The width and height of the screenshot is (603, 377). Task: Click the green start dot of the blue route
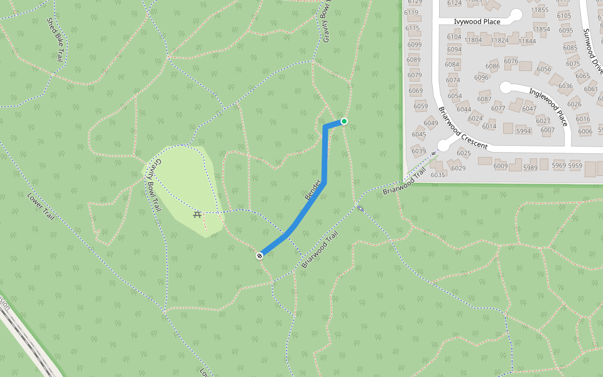(x=344, y=121)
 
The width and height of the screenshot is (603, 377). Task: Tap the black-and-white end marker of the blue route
(x=259, y=256)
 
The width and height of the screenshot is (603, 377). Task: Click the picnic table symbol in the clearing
(x=197, y=215)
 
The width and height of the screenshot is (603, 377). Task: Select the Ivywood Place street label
(x=477, y=21)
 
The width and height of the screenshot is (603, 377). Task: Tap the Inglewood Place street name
(x=548, y=106)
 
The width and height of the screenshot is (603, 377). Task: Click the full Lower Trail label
(x=41, y=206)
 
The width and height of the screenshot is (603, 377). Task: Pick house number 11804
(x=472, y=40)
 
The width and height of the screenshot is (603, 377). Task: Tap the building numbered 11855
(x=540, y=9)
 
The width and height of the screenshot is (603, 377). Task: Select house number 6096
(x=481, y=77)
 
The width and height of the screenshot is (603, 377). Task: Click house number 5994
(x=523, y=131)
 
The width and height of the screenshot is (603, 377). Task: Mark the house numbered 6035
(x=438, y=175)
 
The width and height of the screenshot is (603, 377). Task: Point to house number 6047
(x=530, y=109)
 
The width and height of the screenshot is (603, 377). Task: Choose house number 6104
(x=454, y=37)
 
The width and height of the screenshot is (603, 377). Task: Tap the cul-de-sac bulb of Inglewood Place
(x=506, y=87)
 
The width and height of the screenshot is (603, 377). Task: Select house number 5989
(x=530, y=167)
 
